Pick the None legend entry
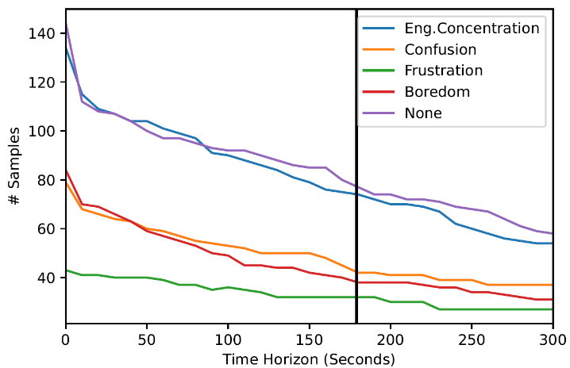pos(423,113)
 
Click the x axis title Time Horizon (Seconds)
pos(309,358)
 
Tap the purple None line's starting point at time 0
pos(65,21)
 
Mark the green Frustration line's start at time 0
pos(65,270)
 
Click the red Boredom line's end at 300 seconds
pos(553,300)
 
